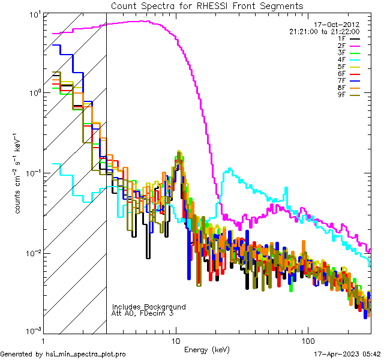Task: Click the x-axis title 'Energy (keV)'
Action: tap(206, 350)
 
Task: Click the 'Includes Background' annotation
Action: tap(149, 307)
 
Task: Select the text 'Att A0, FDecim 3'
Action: tap(143, 313)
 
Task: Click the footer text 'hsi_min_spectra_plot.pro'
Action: tap(86, 354)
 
